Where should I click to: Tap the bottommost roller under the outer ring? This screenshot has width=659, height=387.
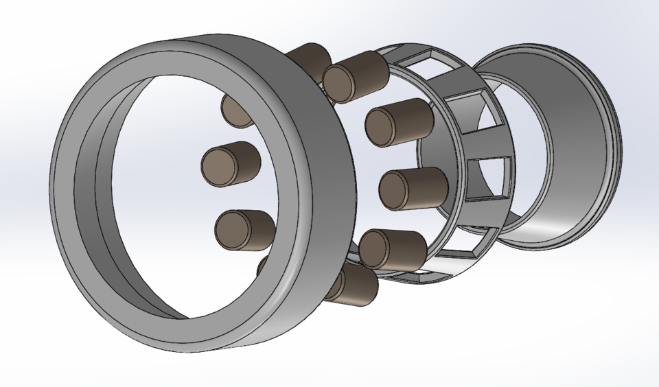(351, 285)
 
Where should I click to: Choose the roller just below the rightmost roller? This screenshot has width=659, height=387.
(393, 249)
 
